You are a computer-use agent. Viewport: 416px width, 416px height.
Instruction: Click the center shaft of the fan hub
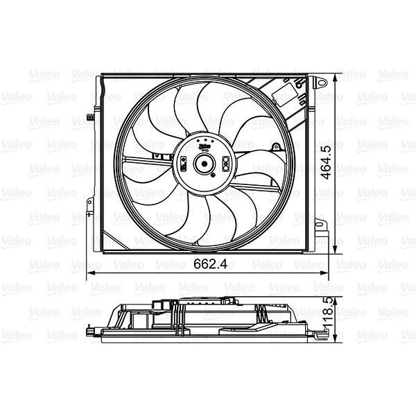click(x=205, y=164)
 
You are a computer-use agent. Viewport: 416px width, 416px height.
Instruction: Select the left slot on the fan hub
click(x=183, y=164)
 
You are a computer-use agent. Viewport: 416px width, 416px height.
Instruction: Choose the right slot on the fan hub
click(x=227, y=164)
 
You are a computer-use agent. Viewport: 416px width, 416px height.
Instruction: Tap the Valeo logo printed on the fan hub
click(x=205, y=146)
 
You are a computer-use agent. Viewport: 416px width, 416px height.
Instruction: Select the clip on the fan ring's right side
click(x=276, y=148)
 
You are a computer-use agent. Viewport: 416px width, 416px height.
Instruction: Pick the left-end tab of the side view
click(x=92, y=332)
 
